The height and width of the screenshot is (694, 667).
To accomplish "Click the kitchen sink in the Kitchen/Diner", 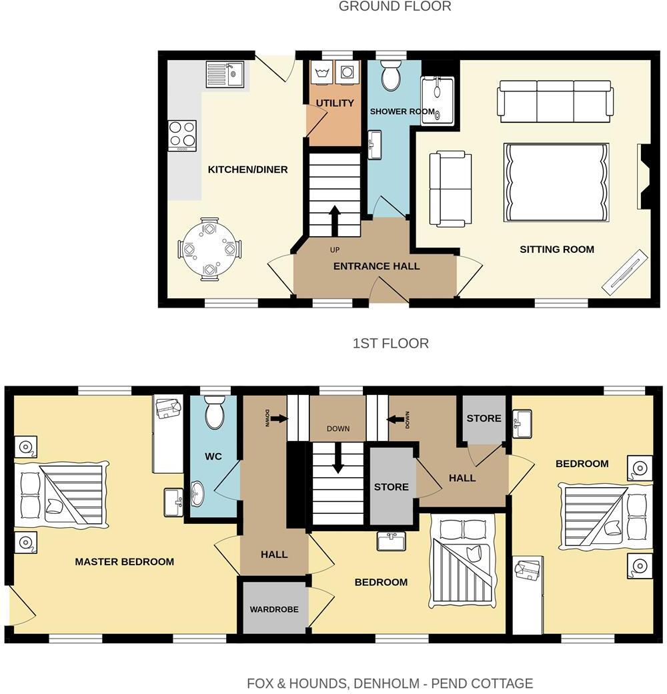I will (x=225, y=74).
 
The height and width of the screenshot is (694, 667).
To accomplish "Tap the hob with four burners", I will (x=182, y=135).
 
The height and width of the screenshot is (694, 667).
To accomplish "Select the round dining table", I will (x=209, y=249).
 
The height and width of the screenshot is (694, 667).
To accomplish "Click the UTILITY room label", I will (x=335, y=103).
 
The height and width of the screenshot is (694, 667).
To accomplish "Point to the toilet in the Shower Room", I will (x=391, y=77).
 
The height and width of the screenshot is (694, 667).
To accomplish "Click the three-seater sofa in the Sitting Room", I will (x=555, y=100).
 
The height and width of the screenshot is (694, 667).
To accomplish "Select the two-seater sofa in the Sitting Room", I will (x=450, y=189).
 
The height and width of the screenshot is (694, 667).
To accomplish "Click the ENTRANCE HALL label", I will (x=376, y=266).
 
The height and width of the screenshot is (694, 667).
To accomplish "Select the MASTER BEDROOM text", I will (x=124, y=562).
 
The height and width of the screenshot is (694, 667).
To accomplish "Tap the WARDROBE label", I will (x=274, y=609).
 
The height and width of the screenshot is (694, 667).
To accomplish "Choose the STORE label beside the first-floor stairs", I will (x=391, y=486).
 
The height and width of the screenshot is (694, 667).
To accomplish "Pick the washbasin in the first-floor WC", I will (x=198, y=494).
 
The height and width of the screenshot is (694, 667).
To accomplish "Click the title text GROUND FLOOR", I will (x=395, y=7).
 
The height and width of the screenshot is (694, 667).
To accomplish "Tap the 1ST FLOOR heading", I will (x=390, y=344).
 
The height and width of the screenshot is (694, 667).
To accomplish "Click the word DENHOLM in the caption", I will (x=386, y=683).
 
